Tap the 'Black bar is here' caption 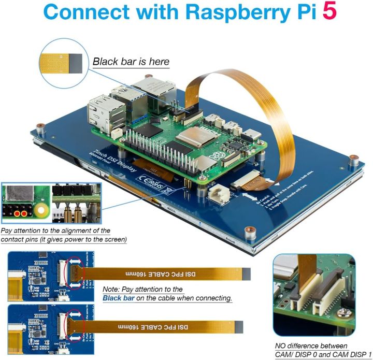pyautogui.click(x=131, y=62)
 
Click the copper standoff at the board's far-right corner pyautogui.click(x=353, y=157)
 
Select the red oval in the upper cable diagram pyautogui.click(x=77, y=272)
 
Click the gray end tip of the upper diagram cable pyautogui.click(x=246, y=274)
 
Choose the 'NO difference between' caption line pyautogui.click(x=311, y=345)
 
